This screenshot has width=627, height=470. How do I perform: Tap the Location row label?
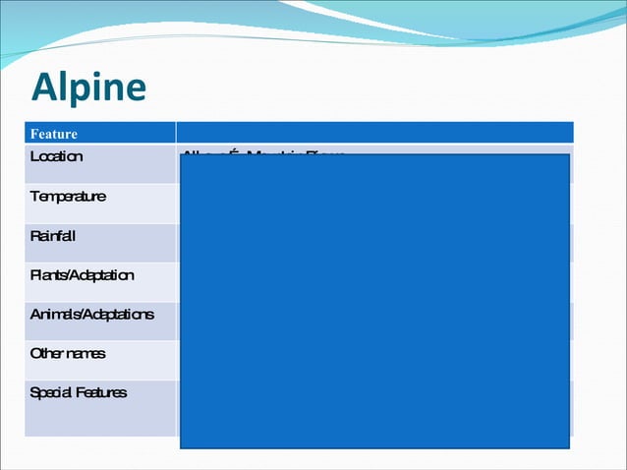pos(56,156)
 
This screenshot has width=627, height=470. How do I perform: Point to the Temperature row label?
pos(68,196)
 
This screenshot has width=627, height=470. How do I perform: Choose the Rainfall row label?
pos(53,236)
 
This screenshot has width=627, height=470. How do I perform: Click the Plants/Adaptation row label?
pos(82,275)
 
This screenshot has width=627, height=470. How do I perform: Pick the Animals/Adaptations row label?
pos(91,315)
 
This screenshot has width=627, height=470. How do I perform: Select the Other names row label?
pos(68,353)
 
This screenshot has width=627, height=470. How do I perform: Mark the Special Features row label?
pos(79,392)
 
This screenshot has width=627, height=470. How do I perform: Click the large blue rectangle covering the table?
pos(374,300)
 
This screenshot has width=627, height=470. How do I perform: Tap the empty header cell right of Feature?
pos(374,132)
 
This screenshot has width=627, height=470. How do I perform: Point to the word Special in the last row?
pos(49,392)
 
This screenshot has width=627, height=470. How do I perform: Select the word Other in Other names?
pos(46,353)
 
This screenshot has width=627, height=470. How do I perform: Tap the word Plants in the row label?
pos(47,275)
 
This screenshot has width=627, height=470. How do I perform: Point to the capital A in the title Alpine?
pos(44,88)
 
